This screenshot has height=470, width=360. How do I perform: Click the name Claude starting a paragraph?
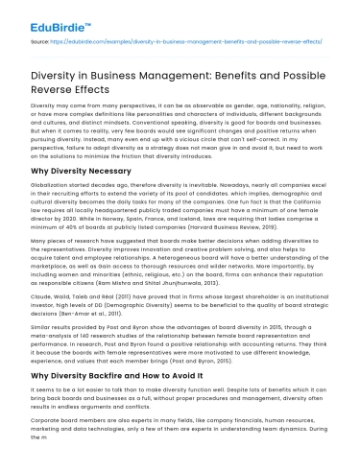42,308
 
